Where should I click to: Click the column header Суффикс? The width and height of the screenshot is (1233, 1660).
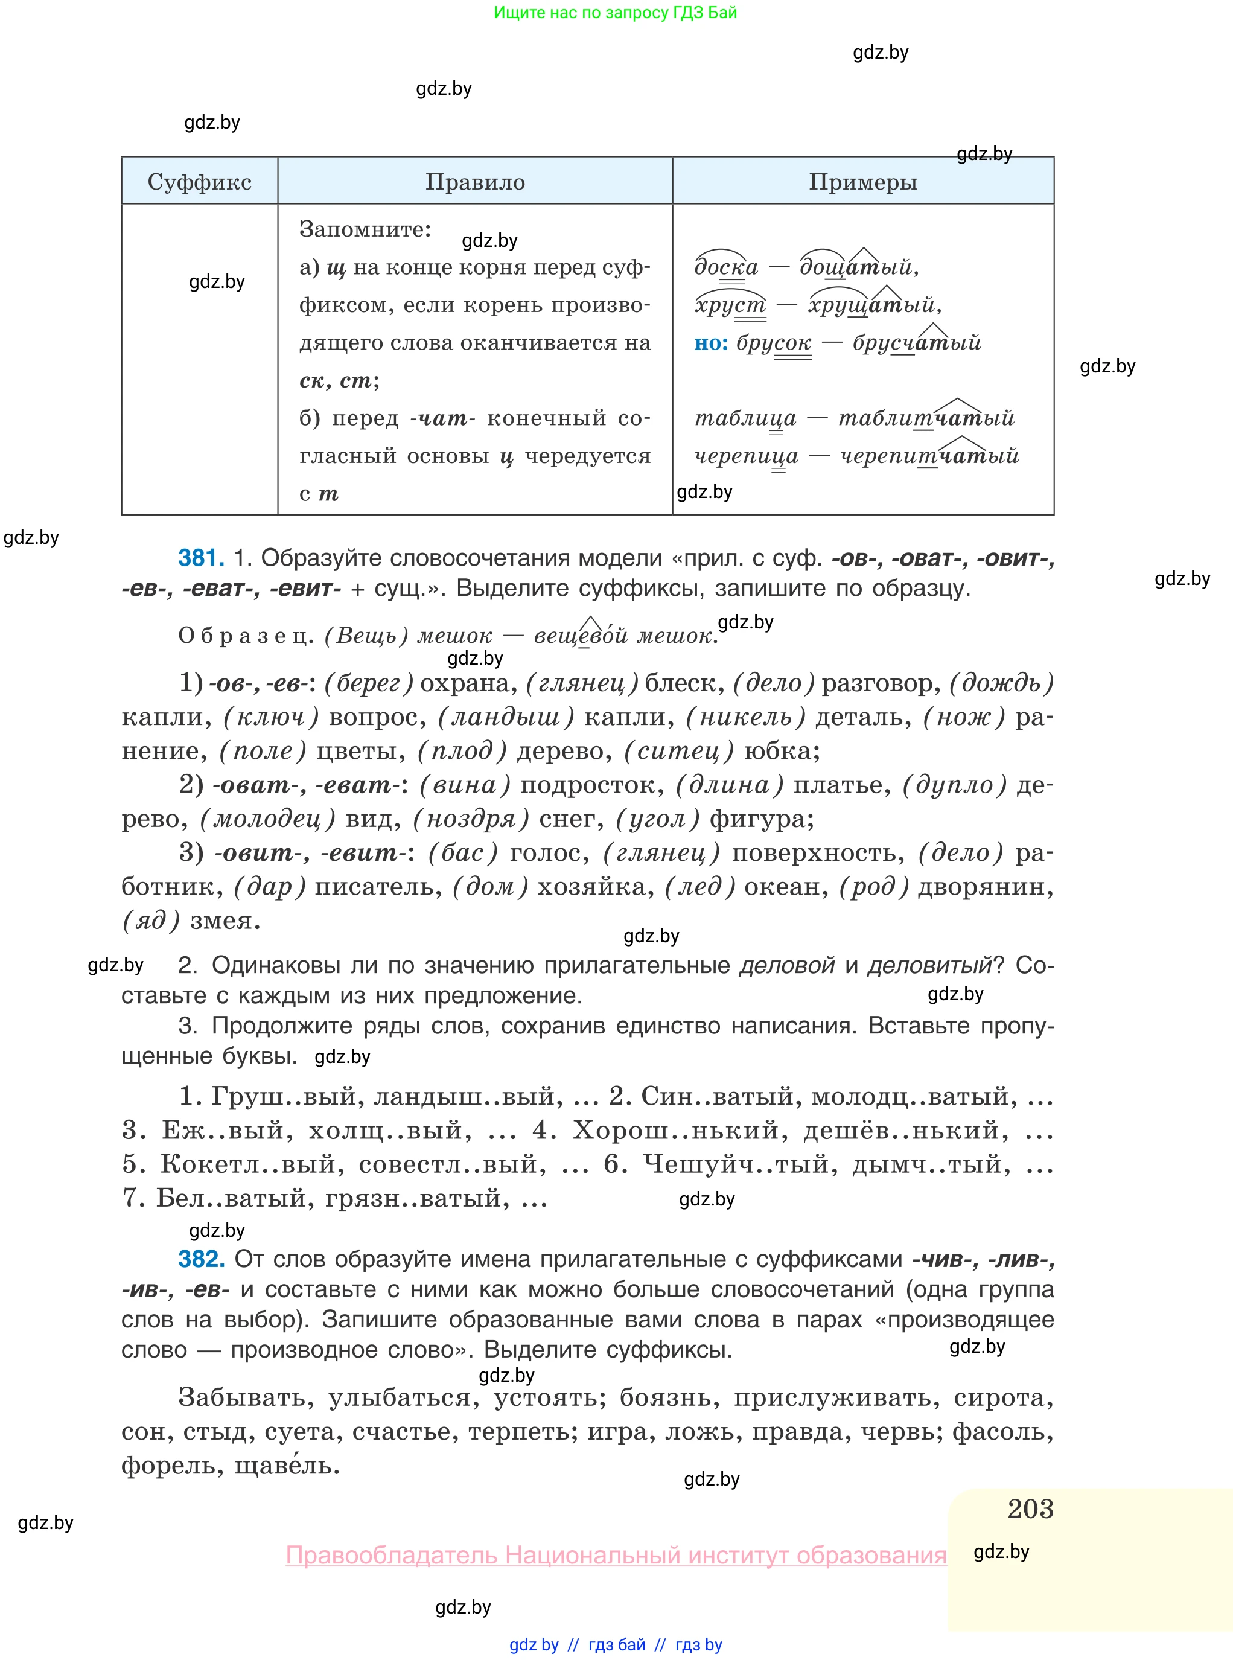[199, 181]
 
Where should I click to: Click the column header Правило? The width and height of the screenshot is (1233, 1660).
[475, 181]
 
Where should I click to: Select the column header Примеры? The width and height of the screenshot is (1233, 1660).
[863, 181]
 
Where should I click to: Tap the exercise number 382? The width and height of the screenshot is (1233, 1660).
[201, 1259]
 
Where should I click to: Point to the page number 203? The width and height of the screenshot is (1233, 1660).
[1030, 1508]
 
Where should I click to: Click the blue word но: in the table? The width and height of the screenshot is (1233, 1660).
[710, 343]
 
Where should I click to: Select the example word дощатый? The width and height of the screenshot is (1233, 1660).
[857, 266]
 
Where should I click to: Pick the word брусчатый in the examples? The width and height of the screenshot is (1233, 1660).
[917, 343]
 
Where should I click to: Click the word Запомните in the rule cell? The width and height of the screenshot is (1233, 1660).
[365, 229]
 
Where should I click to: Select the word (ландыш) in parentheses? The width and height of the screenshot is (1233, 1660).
[505, 717]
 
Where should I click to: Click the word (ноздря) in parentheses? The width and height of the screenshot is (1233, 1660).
[471, 819]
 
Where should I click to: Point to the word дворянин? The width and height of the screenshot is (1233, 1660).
[984, 886]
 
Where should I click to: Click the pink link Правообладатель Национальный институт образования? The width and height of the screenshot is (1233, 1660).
[616, 1556]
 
